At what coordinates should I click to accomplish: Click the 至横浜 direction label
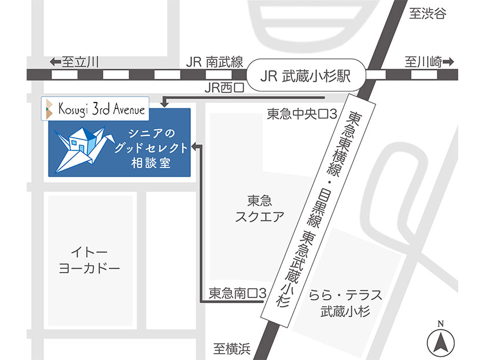click(231, 348)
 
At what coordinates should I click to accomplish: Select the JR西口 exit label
click(224, 88)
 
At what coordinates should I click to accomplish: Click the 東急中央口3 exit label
click(301, 113)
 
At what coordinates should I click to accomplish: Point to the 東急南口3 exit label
click(237, 294)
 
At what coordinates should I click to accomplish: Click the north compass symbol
click(441, 341)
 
